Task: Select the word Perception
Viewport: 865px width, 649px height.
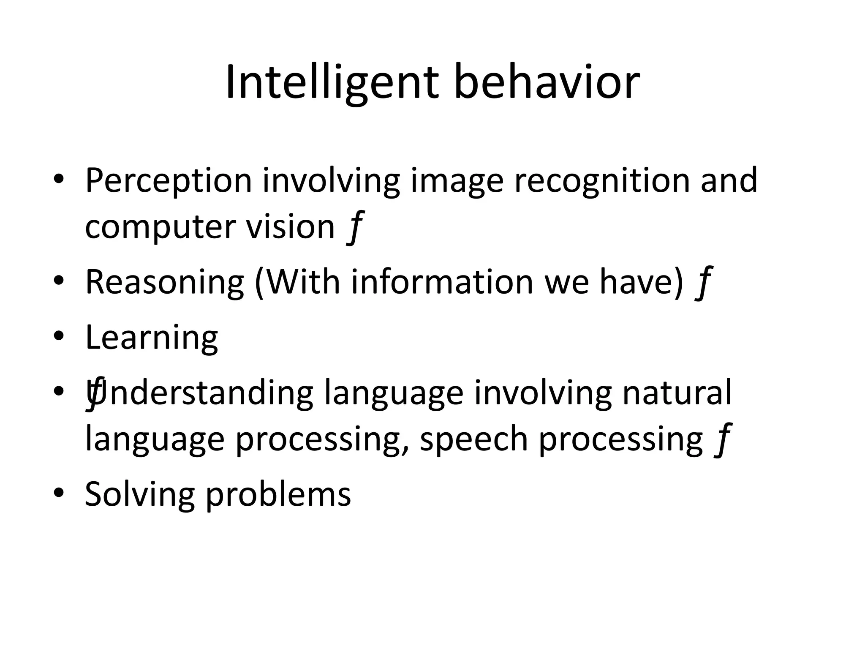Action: (x=169, y=181)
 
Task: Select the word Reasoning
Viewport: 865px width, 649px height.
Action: (x=165, y=282)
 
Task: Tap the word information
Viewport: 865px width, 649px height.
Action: (x=442, y=282)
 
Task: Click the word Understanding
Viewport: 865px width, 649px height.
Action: (x=203, y=393)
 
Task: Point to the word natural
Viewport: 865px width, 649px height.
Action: (x=677, y=393)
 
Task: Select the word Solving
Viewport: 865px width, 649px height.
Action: (x=140, y=494)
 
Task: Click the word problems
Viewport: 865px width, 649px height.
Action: (x=278, y=494)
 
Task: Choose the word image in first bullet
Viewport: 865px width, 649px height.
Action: (x=457, y=181)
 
